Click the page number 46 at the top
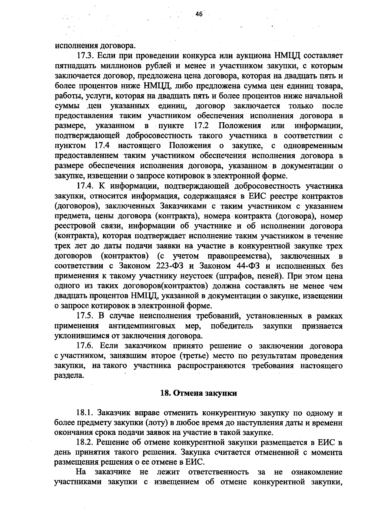pyautogui.click(x=199, y=14)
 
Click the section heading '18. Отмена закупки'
pyautogui.click(x=199, y=393)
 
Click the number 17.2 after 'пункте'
pyautogui.click(x=201, y=126)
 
